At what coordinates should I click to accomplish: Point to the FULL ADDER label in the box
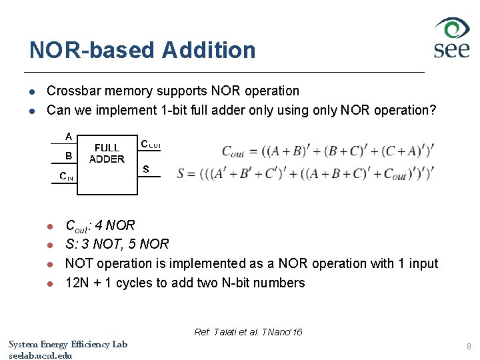(107, 153)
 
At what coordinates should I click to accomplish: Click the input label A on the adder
(69, 136)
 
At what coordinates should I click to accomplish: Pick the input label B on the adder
(69, 156)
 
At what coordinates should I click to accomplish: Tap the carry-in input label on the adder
(66, 177)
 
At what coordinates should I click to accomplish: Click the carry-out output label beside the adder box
(150, 144)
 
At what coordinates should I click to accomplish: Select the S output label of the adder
(146, 169)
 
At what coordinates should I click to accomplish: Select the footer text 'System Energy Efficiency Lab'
(67, 344)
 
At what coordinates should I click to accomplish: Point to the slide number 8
(469, 347)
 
